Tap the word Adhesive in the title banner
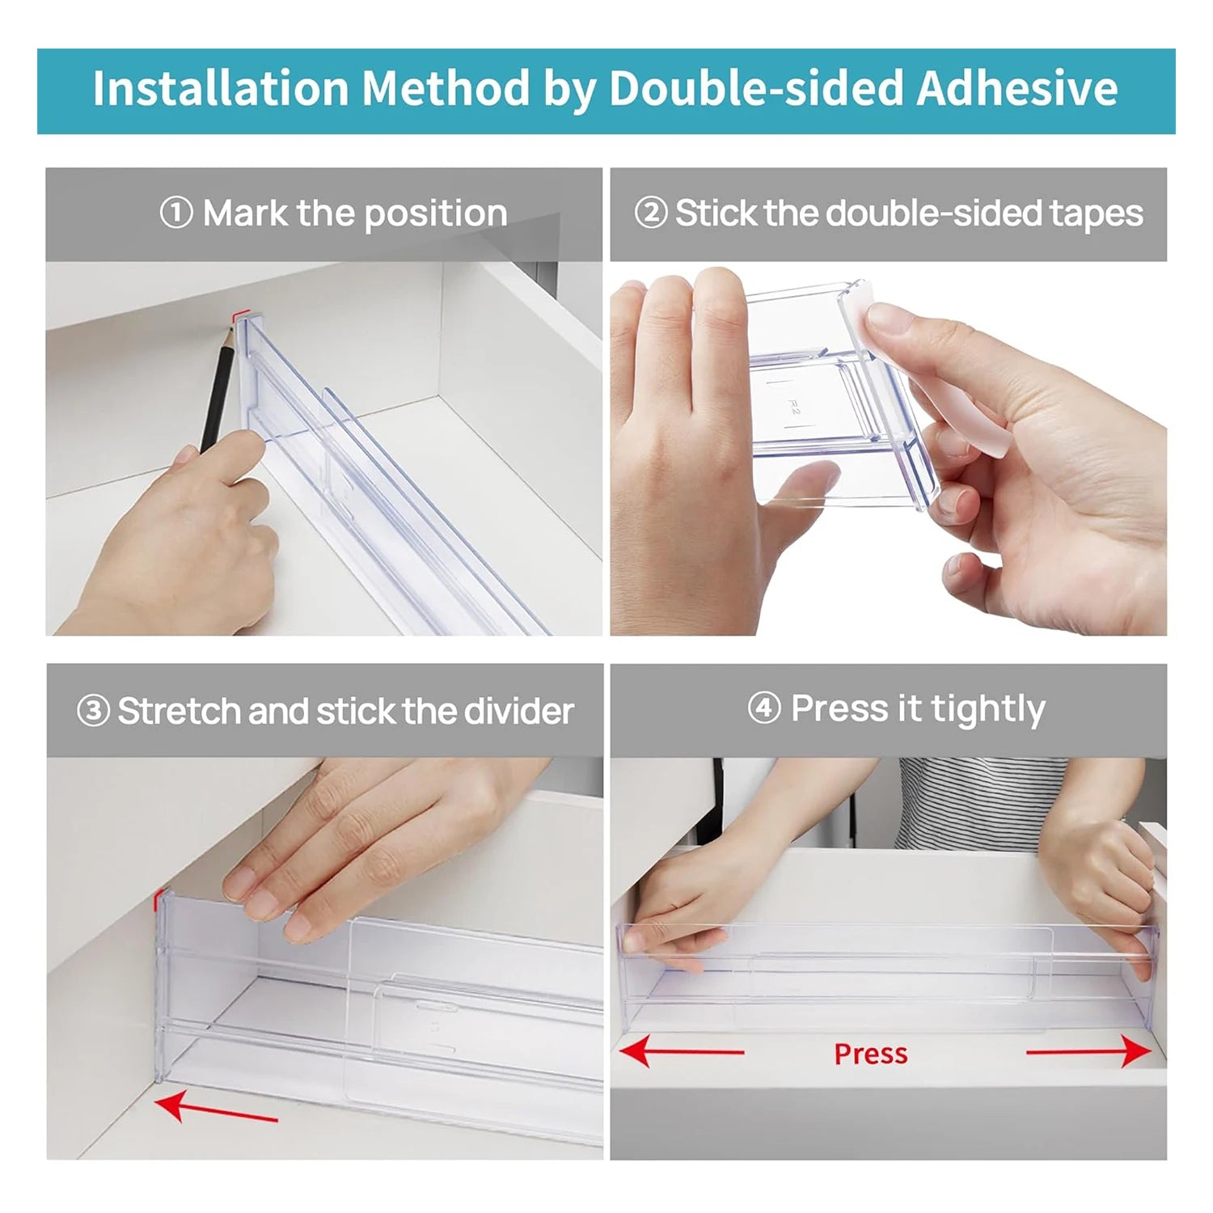tap(1016, 88)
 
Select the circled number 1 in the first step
tap(176, 213)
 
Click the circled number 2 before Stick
tap(650, 213)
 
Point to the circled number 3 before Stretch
tap(93, 712)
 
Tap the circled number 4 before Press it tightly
tap(764, 708)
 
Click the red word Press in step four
tap(871, 1055)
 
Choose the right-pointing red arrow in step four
tap(1088, 1052)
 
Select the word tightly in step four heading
tap(987, 709)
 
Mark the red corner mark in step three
tap(158, 895)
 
